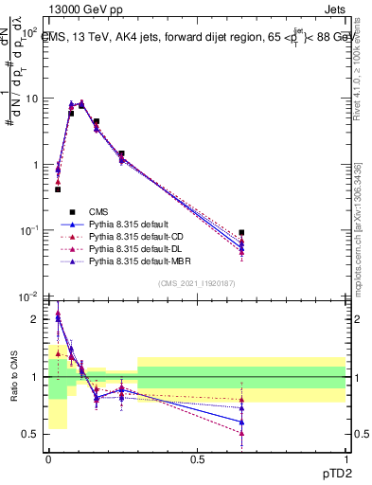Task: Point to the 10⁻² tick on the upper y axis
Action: click(28, 296)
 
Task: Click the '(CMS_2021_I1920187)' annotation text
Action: click(197, 283)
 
